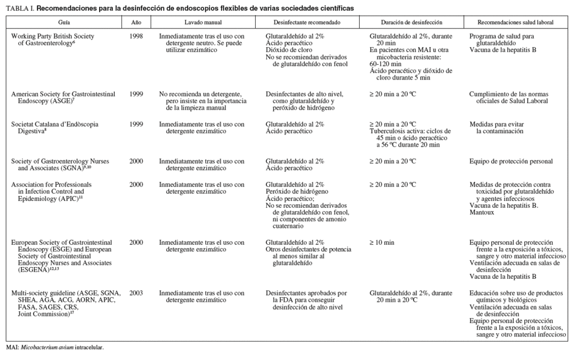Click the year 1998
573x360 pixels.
[x=136, y=36]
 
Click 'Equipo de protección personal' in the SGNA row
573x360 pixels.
[x=511, y=161]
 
